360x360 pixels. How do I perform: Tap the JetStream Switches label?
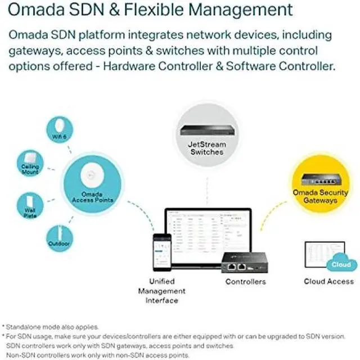click(206, 148)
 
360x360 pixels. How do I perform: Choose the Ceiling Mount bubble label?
click(30, 169)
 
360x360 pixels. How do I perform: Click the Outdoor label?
click(58, 244)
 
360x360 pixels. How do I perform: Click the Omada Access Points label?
click(93, 196)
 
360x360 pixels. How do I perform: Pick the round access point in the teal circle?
click(93, 178)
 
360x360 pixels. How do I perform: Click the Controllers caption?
click(245, 281)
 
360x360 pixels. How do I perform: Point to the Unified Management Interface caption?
click(161, 290)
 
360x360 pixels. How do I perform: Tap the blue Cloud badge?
click(340, 264)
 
